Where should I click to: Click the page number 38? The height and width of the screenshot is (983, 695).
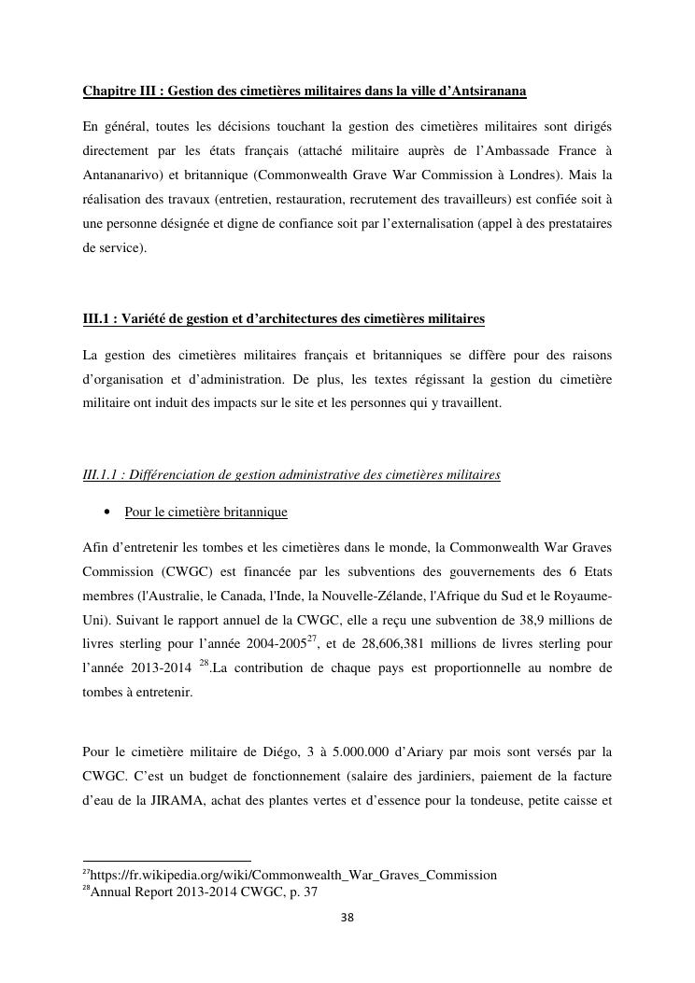(347, 919)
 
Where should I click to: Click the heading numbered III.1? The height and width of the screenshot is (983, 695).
(284, 319)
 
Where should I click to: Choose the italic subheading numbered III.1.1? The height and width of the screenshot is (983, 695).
(291, 474)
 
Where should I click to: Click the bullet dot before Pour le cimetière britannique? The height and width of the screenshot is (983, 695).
(109, 513)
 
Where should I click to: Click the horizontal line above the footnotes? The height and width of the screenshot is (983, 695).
(167, 861)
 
